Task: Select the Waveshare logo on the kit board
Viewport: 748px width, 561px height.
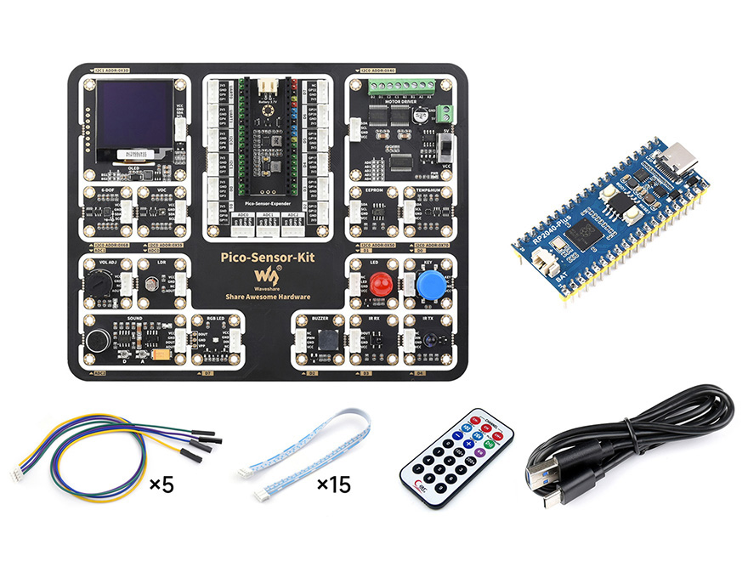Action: point(268,276)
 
